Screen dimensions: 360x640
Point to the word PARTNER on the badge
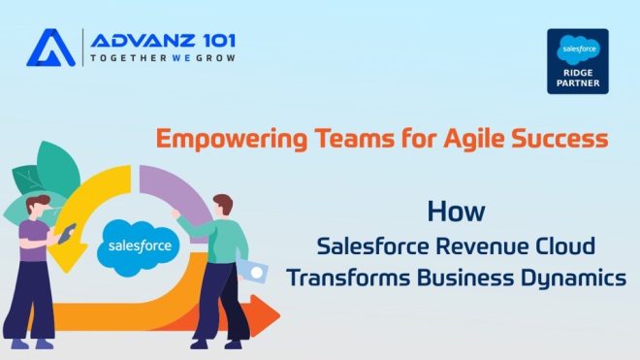(x=577, y=84)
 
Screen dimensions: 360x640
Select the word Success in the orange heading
(x=560, y=139)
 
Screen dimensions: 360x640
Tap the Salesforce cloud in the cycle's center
(x=141, y=245)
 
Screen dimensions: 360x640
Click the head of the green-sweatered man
(x=223, y=205)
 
